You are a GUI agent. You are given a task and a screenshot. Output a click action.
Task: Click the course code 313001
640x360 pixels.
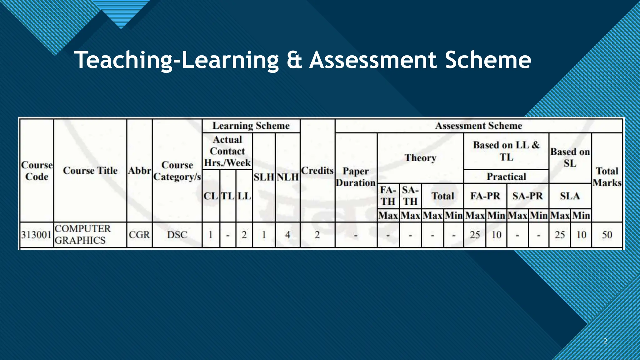36,235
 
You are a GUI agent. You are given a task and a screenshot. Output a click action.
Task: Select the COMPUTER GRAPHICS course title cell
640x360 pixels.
82,234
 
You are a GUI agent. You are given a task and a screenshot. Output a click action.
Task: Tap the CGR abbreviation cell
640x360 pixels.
139,235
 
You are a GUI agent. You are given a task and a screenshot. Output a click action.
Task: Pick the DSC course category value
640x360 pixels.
177,235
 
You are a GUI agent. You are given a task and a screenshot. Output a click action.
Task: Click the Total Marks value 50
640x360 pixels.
607,235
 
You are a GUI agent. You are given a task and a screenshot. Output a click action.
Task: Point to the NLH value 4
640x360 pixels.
287,235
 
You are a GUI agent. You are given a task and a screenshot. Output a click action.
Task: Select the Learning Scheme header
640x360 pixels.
251,126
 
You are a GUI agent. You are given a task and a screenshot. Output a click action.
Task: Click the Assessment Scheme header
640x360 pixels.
478,126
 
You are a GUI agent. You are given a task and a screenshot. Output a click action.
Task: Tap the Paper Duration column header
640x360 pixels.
356,177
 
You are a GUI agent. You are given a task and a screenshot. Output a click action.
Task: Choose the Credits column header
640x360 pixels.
317,171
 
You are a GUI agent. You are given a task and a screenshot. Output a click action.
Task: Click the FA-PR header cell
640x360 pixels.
485,196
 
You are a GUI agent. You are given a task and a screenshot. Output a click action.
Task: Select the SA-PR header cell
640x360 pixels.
527,196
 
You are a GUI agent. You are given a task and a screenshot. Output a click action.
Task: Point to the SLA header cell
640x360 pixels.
570,196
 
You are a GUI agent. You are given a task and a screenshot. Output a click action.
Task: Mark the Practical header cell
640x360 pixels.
506,177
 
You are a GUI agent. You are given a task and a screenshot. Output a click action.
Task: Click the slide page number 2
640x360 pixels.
605,341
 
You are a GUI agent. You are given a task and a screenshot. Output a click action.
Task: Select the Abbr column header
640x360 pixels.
139,171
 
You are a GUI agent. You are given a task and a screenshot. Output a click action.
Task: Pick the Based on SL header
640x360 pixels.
570,157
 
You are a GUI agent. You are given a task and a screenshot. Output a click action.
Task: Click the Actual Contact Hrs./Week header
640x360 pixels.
227,151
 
